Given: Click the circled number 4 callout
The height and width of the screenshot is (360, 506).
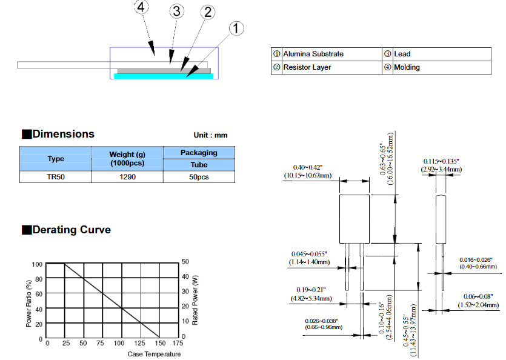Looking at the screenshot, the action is (x=141, y=7).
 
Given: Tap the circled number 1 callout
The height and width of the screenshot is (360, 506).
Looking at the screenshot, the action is (x=236, y=28).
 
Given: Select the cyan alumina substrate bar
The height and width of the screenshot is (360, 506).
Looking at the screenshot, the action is (x=164, y=76).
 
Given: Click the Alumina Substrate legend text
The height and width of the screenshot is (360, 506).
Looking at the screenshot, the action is (x=313, y=54).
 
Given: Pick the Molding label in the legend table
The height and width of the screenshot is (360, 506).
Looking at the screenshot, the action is (x=407, y=67).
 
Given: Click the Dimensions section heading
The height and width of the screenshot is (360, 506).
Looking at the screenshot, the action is (x=63, y=134).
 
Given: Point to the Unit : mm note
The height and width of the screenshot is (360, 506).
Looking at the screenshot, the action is (x=210, y=135).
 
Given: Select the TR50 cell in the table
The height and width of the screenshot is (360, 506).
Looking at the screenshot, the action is (x=56, y=177).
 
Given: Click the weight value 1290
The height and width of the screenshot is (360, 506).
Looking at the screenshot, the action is (x=127, y=177).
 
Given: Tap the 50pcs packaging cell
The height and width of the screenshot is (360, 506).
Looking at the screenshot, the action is (x=199, y=177).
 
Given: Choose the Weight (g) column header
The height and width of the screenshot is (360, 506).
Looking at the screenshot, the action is (x=127, y=155).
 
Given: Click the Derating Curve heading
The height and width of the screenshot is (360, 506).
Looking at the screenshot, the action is (x=72, y=230).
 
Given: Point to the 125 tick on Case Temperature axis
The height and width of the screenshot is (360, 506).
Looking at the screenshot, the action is (x=140, y=343).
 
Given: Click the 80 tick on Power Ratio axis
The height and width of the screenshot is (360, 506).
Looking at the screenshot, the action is (x=39, y=279).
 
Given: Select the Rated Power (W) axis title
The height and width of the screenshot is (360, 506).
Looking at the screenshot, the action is (x=195, y=300).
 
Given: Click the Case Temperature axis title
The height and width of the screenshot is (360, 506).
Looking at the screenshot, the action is (x=154, y=354).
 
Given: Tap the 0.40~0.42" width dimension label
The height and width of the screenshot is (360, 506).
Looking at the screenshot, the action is (x=307, y=167).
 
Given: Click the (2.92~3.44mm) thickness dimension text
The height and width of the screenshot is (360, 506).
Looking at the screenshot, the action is (x=441, y=169).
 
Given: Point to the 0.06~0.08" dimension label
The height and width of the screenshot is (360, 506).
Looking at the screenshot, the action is (x=478, y=296).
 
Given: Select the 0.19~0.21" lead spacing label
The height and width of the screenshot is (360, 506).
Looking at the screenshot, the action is (x=311, y=290).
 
